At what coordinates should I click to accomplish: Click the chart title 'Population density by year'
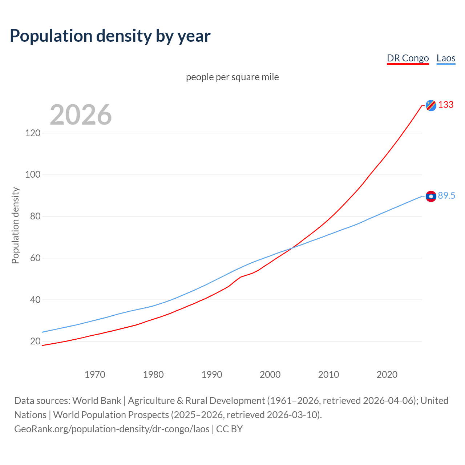pyautogui.click(x=110, y=36)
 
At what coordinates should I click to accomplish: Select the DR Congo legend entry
pyautogui.click(x=408, y=58)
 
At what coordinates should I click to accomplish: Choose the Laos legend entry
pyautogui.click(x=446, y=58)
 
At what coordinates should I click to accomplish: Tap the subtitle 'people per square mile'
pyautogui.click(x=232, y=77)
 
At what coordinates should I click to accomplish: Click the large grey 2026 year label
pyautogui.click(x=81, y=115)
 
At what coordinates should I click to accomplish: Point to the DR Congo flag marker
pyautogui.click(x=431, y=105)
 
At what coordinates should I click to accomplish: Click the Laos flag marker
pyautogui.click(x=431, y=196)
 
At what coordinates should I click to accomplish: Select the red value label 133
pyautogui.click(x=446, y=105)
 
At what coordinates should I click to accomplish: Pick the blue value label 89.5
pyautogui.click(x=446, y=196)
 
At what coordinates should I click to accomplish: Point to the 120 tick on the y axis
pyautogui.click(x=33, y=133)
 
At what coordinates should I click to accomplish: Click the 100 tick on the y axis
pyautogui.click(x=33, y=175)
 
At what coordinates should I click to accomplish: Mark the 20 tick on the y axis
pyautogui.click(x=35, y=341)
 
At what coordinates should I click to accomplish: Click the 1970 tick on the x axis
pyautogui.click(x=95, y=375)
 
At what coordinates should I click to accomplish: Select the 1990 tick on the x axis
pyautogui.click(x=212, y=375)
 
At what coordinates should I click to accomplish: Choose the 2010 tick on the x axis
pyautogui.click(x=328, y=375)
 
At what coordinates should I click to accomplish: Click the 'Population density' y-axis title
pyautogui.click(x=15, y=225)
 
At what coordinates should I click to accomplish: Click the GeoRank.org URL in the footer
pyautogui.click(x=112, y=429)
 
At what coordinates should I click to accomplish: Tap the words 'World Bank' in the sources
pyautogui.click(x=97, y=401)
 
